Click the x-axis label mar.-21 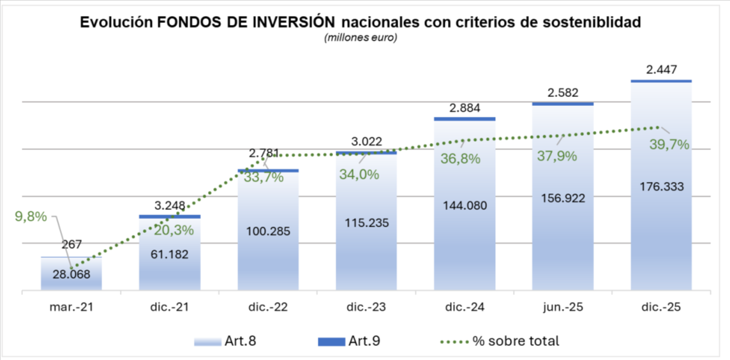coord(71,307)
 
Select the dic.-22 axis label coord(268,307)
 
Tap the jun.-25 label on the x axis coord(562,307)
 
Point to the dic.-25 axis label coord(660,307)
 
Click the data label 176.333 coord(660,186)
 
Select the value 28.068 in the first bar coord(71,274)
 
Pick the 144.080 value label coord(465,206)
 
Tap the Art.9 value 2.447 coord(661,70)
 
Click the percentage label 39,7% coord(669,145)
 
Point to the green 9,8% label coord(31,216)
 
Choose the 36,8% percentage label coord(460,159)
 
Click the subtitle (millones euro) coord(361,37)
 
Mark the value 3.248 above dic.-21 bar coord(170,206)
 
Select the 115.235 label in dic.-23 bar coord(366,223)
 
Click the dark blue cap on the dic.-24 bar coord(465,119)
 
